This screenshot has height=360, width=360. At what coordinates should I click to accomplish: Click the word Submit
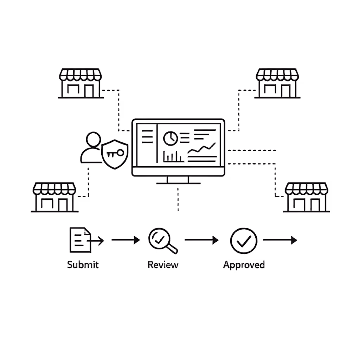[x=83, y=264]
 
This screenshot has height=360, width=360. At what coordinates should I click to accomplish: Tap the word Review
[x=163, y=264]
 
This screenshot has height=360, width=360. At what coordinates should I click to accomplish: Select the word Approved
[x=244, y=264]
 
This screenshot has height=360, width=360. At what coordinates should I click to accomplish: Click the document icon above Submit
[x=81, y=240]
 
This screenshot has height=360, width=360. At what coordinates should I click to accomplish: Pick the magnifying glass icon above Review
[x=162, y=240]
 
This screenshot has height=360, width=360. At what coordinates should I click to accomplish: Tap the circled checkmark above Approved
[x=244, y=240]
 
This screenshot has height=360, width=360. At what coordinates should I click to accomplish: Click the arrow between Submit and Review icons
[x=126, y=240]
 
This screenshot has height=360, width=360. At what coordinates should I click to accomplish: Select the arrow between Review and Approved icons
[x=201, y=240]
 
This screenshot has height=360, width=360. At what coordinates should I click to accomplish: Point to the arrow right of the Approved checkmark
[x=280, y=240]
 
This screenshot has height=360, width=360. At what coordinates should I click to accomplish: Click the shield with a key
[x=115, y=154]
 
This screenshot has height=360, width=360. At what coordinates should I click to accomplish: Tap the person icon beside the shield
[x=92, y=148]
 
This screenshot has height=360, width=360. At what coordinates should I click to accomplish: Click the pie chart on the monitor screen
[x=171, y=138]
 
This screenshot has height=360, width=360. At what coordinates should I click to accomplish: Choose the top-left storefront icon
[x=81, y=83]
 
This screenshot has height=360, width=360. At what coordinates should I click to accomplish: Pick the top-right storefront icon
[x=277, y=83]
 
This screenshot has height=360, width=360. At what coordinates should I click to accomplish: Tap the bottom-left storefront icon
[x=54, y=197]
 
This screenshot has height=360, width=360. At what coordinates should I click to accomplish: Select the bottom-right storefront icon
[x=306, y=197]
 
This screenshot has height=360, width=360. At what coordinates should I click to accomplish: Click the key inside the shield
[x=115, y=153]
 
